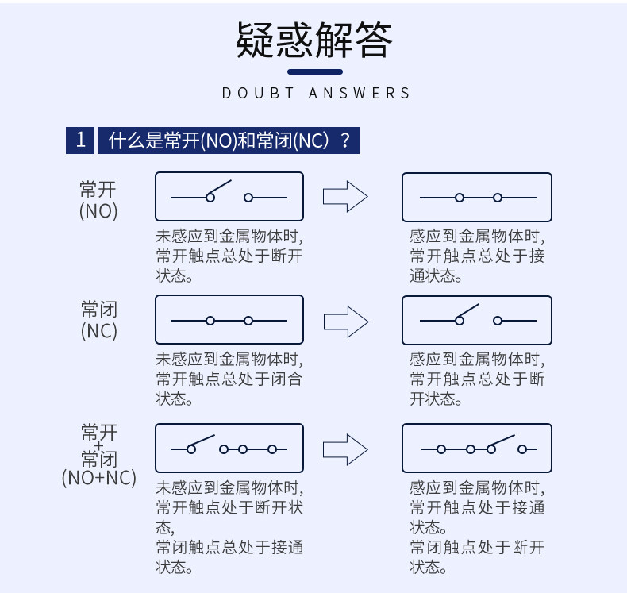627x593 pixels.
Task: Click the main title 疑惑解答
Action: coord(314,40)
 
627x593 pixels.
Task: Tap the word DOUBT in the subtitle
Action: coord(258,93)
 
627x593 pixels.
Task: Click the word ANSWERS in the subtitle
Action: coord(359,93)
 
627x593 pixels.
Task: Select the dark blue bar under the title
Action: coord(315,72)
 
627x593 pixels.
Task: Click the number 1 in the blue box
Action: coord(80,141)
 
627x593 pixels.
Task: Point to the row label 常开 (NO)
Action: coord(98,200)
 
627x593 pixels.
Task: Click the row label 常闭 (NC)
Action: coord(99,320)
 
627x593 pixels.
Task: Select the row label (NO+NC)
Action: coord(99,478)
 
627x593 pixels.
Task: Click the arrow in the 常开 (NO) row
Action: coord(345,196)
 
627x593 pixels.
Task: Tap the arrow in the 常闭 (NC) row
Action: coord(346,322)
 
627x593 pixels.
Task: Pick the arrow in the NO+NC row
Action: coord(345,450)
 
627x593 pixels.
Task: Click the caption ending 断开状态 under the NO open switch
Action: coord(229,256)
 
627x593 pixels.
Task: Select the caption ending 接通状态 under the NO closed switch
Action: coord(477,256)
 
